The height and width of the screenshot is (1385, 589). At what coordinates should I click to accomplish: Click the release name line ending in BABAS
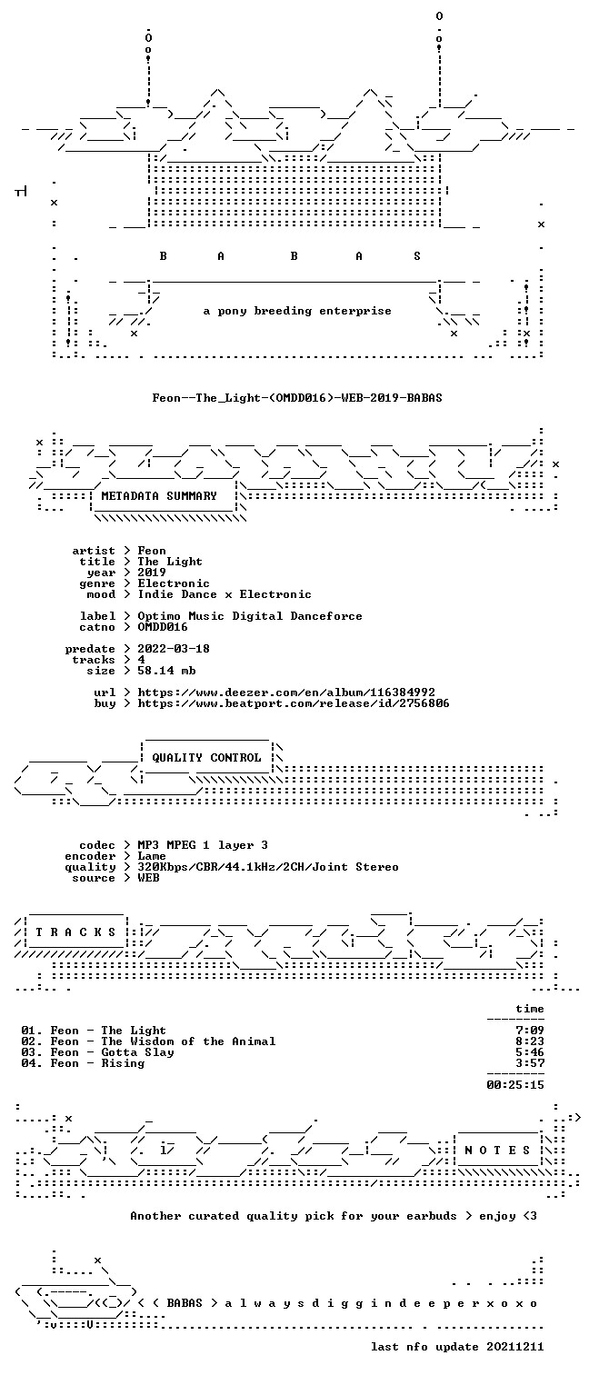point(297,398)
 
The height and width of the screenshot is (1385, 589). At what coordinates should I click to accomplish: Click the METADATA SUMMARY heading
point(159,496)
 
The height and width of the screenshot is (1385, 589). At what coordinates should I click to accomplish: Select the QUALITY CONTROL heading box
point(206,757)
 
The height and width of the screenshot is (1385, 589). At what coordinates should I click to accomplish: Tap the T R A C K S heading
point(75,932)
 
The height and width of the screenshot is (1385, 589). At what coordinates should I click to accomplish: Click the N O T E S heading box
point(497,1150)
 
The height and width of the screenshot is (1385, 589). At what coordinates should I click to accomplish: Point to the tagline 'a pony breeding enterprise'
point(297,311)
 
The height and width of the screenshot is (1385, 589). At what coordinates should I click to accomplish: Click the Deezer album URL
point(286,692)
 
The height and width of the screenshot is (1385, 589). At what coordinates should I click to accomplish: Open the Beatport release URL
point(294,703)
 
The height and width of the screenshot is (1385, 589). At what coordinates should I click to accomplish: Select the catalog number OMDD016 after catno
point(163,627)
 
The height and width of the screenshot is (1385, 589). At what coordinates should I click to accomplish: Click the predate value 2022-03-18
point(174,649)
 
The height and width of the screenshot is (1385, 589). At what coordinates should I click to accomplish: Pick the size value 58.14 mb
point(166,671)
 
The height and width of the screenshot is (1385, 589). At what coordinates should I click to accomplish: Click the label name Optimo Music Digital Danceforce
point(250,616)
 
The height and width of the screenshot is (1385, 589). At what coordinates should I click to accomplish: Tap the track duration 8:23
point(530,1041)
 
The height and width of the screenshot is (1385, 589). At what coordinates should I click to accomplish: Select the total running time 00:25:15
point(515,1084)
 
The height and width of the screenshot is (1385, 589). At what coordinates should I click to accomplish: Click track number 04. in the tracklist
point(32,1063)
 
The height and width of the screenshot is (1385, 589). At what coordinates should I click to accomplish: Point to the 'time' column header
point(530,1009)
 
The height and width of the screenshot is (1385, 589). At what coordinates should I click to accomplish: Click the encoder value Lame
point(152,856)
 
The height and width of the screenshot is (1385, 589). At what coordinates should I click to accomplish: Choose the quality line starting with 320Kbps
point(268,867)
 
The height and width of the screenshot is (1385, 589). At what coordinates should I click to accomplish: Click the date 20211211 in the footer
point(515,1347)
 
